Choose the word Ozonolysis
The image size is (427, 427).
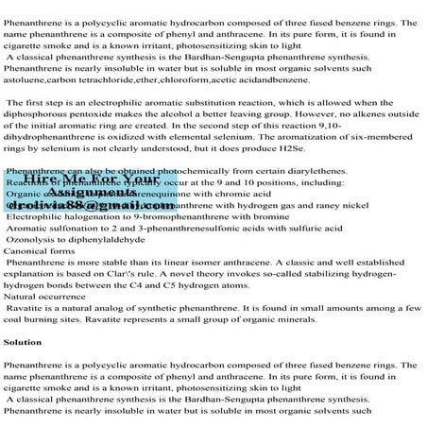34,239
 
